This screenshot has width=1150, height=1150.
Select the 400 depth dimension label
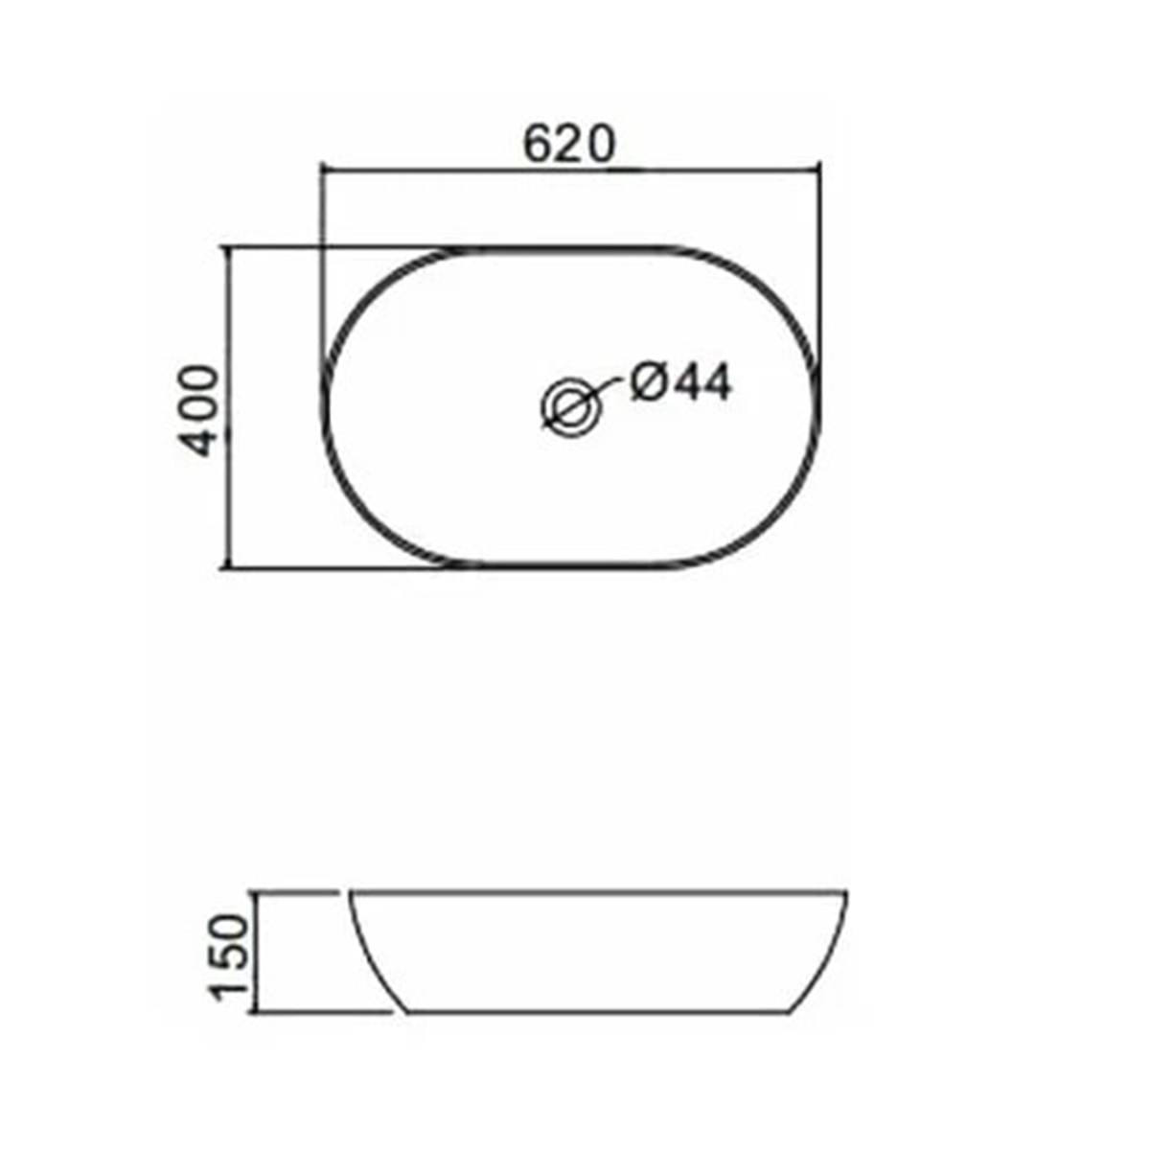coord(202,409)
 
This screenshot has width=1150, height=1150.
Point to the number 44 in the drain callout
coord(701,382)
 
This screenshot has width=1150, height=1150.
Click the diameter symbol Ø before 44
coord(648,382)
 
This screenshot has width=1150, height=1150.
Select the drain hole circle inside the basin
coord(570,406)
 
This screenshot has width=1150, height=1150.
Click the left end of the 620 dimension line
coord(323,169)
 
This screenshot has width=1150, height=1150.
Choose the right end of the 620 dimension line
coord(821,169)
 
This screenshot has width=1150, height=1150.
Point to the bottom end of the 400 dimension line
coord(228,567)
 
